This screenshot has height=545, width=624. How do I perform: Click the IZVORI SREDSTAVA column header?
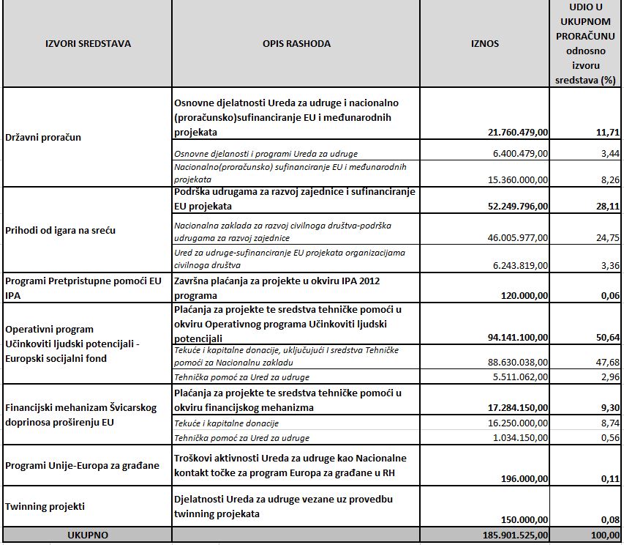coord(88,44)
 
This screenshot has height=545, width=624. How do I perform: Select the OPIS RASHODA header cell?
coord(296,44)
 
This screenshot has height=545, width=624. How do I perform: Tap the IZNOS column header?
coord(484,44)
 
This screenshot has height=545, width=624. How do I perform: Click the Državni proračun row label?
coord(43,137)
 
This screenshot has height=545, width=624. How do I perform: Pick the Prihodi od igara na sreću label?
coord(60,231)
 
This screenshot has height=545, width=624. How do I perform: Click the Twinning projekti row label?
coord(45,506)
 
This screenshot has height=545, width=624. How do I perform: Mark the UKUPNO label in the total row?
coord(87,535)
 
